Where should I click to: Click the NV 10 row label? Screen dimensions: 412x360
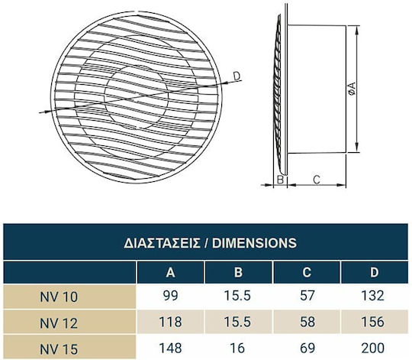59,297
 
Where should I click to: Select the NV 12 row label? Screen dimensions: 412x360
59,323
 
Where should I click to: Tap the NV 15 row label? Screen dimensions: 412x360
59,349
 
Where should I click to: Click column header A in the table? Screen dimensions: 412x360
171,272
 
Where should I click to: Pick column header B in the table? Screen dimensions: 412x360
238,272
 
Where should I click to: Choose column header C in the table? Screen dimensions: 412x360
307,272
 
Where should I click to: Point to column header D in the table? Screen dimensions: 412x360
374,272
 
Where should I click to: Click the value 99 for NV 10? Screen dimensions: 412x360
171,296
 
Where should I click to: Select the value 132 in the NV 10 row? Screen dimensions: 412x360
373,296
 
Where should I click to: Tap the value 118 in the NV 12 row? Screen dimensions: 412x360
171,322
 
